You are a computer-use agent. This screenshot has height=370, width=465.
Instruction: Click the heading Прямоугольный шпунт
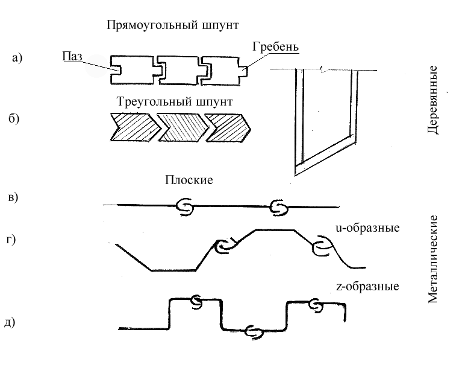[173, 25]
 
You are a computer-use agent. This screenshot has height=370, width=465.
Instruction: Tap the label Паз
[72, 56]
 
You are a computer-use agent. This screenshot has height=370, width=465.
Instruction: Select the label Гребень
[275, 47]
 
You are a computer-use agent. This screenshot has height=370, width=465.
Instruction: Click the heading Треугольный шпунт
[175, 102]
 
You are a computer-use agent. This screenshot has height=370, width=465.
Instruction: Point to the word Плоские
[189, 180]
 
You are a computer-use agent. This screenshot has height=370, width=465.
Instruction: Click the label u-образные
[367, 228]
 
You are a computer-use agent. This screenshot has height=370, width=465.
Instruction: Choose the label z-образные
[367, 287]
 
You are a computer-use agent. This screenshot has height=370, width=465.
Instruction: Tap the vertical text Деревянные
[432, 100]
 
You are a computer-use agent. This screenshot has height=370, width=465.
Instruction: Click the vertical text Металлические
[432, 259]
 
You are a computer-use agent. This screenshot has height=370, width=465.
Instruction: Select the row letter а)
[17, 58]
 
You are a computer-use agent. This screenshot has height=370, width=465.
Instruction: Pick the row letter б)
[14, 118]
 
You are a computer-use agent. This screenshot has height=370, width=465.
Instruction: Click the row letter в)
[13, 197]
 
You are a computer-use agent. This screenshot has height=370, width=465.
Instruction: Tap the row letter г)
[11, 240]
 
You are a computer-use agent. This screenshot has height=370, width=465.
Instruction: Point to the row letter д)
[10, 322]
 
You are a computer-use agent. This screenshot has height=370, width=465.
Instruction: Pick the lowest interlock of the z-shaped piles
[254, 331]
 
